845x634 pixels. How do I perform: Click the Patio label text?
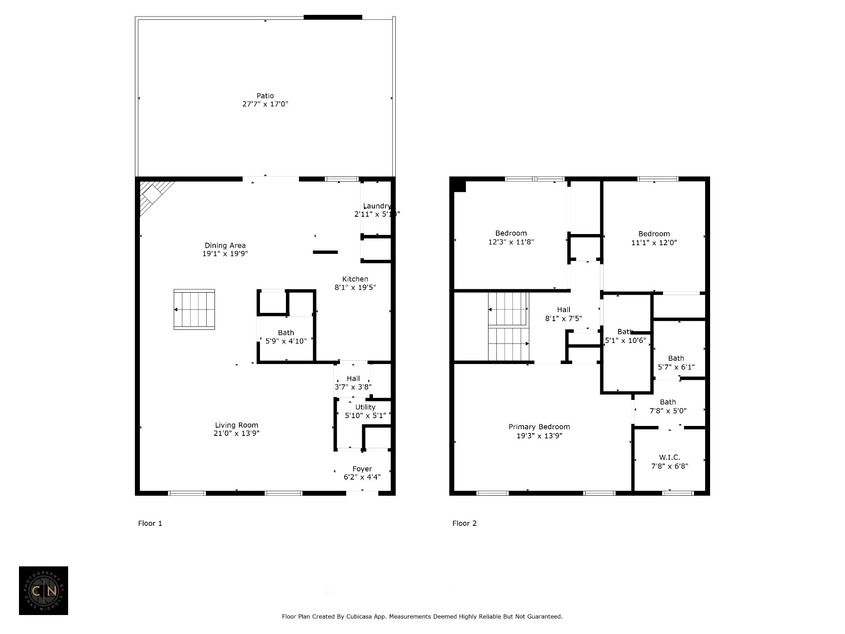point(265,96)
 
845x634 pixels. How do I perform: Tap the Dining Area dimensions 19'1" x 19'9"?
point(225,254)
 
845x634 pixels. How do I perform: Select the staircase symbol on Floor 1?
point(194,310)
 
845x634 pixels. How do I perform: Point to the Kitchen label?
point(355,279)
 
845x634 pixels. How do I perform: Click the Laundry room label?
point(377,206)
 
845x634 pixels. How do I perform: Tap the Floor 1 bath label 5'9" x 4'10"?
point(286,341)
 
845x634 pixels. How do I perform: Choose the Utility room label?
point(365,407)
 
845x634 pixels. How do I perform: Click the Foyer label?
point(362,469)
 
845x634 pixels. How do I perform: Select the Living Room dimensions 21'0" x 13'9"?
point(236,433)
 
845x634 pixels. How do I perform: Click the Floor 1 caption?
point(150,523)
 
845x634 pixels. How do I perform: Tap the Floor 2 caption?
point(464,523)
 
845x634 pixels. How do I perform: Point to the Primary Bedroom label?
point(539,427)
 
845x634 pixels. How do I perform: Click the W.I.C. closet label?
point(669,457)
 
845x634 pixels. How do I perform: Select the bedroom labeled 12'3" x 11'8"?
point(511,238)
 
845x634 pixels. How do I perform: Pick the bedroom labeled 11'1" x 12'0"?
point(654,238)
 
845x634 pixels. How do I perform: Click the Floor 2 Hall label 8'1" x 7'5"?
point(564,314)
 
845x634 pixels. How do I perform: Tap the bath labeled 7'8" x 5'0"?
point(668,406)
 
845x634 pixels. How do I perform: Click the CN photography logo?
point(43,591)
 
